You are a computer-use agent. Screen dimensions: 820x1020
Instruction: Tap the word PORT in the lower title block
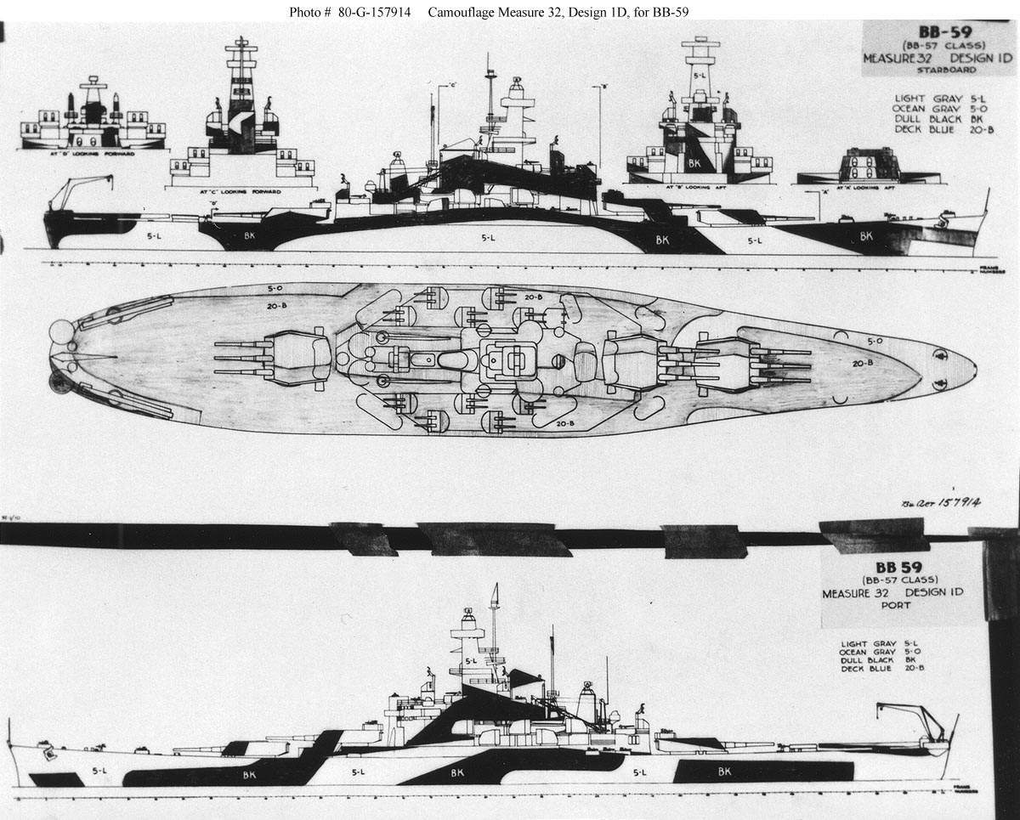(x=891, y=605)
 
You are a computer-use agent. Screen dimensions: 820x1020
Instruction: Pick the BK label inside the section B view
(x=694, y=161)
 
